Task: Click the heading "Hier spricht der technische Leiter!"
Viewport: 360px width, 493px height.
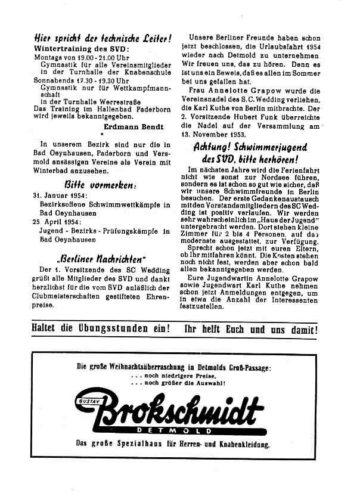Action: [103, 37]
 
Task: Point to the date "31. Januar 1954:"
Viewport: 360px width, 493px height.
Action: [60, 195]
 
